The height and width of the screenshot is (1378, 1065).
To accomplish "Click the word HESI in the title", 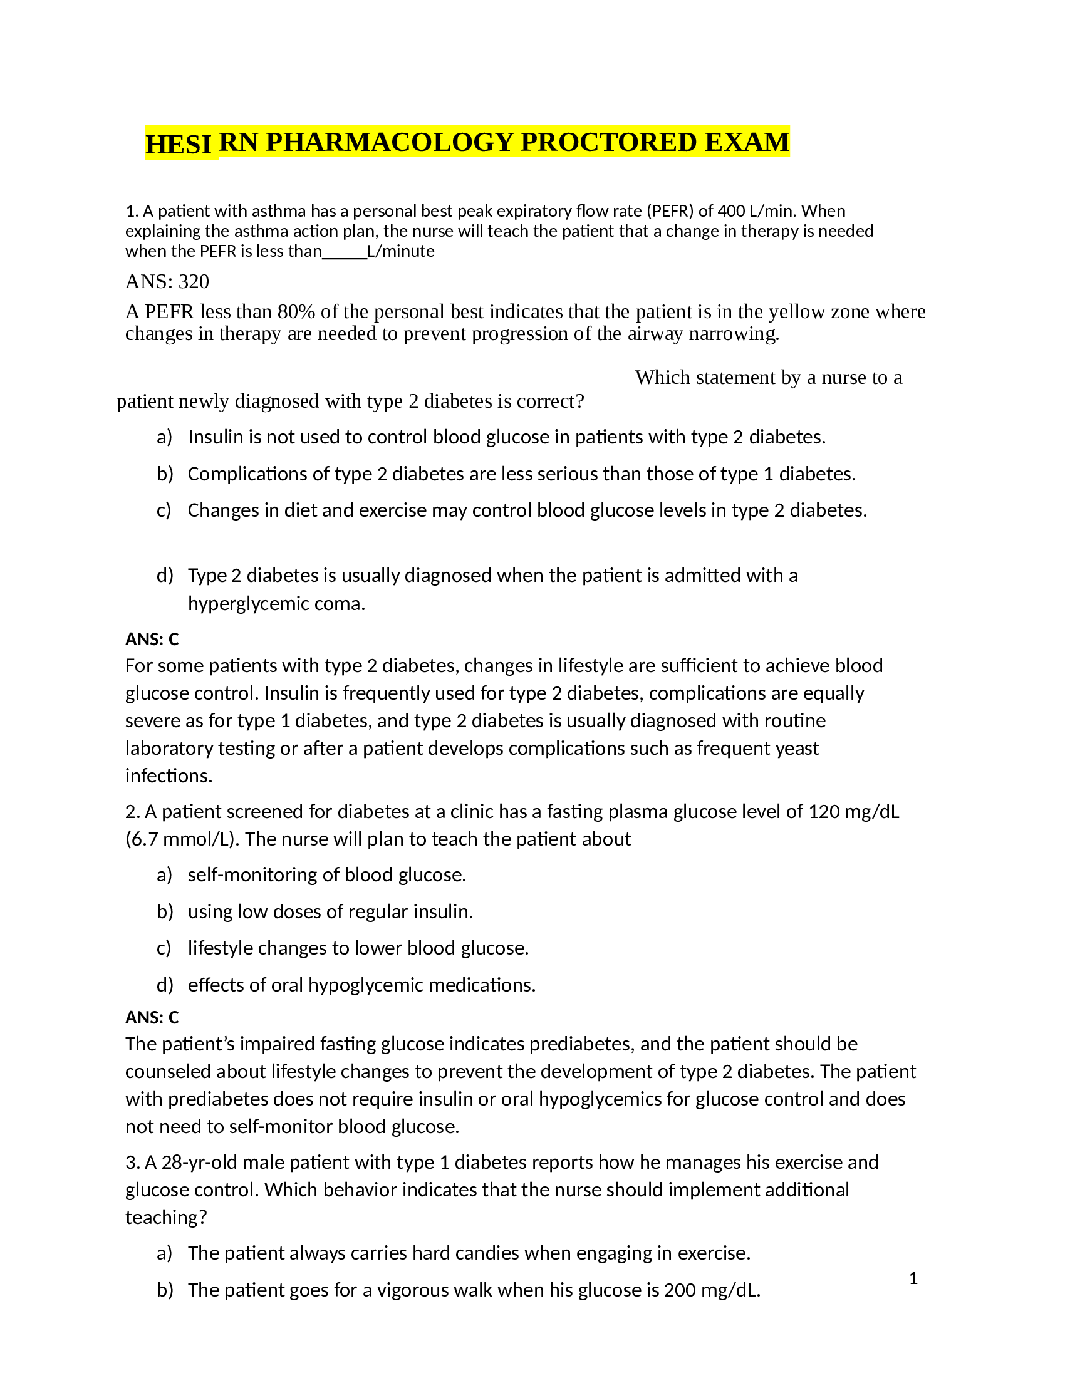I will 178,144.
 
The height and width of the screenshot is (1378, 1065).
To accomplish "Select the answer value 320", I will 194,281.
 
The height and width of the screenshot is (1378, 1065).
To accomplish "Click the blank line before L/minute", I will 345,252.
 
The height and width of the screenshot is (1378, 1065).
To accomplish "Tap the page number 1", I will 913,1278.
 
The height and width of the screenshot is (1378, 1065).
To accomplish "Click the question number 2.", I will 132,811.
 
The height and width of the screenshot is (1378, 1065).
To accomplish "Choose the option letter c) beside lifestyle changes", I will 164,948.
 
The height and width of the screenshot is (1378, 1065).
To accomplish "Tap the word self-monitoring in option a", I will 252,875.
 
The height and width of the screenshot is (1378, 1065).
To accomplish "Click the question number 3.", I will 132,1162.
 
